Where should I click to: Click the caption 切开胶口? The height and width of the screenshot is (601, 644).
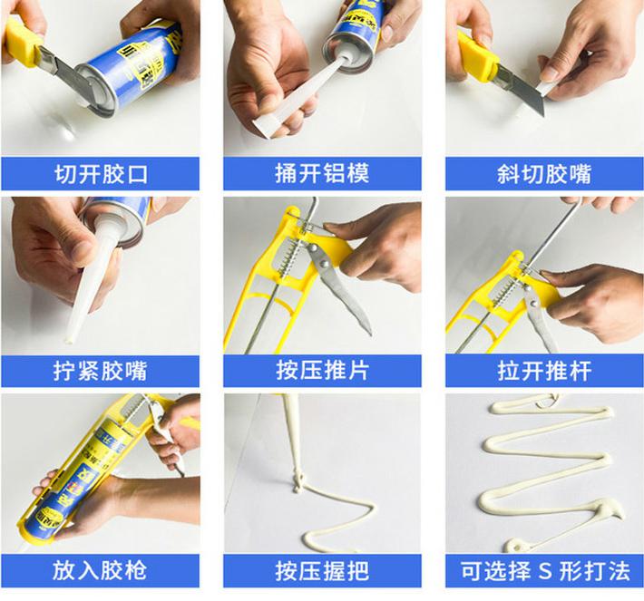101,174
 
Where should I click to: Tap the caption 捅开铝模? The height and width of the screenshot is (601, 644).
322,174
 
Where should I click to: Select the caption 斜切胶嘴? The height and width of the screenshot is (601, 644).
544,174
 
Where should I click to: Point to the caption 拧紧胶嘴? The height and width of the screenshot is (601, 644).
100,371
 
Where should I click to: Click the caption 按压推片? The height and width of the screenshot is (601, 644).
322,370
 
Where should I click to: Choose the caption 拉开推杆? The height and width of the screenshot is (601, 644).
544,370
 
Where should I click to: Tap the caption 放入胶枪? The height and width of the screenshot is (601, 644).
100,570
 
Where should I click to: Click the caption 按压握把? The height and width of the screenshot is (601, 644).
322,570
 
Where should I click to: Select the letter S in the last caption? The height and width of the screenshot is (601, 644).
544,570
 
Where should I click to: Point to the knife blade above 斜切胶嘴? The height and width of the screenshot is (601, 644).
522,92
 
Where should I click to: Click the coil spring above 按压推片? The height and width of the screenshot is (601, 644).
288,257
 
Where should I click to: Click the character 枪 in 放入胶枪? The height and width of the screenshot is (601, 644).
135,570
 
